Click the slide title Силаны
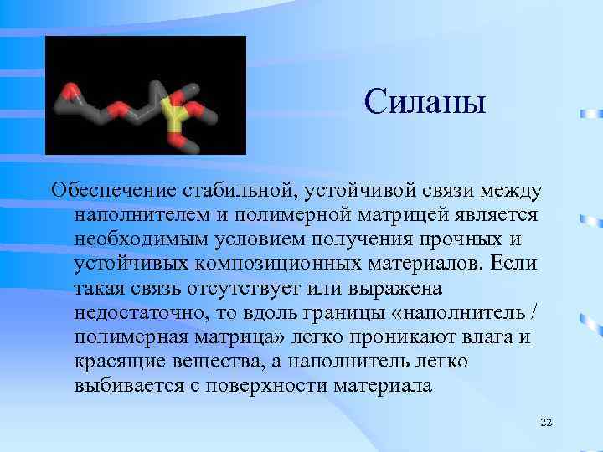click(x=425, y=102)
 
